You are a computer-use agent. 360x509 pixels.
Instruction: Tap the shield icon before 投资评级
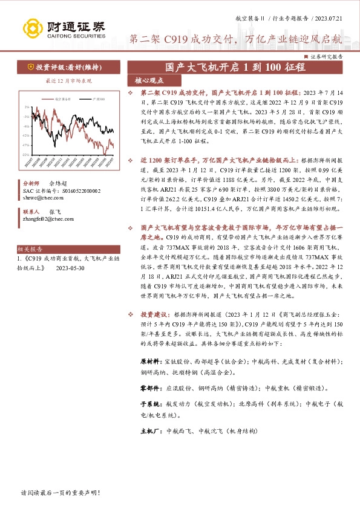[x=31, y=67]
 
